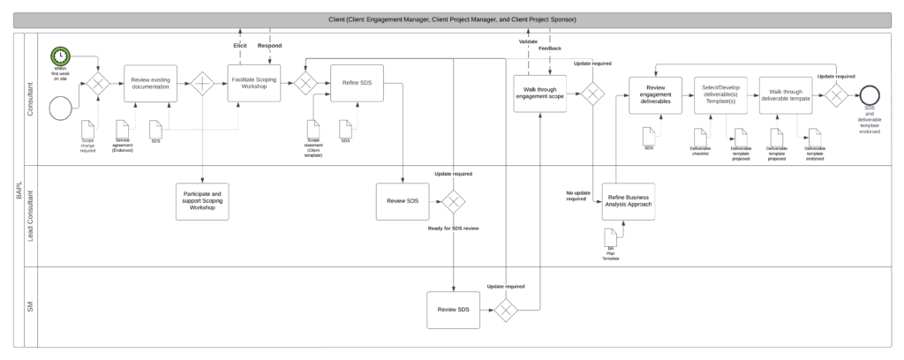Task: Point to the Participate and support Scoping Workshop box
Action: pyautogui.click(x=202, y=202)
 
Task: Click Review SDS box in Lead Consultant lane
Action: pyautogui.click(x=403, y=203)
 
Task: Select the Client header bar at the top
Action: pyautogui.click(x=452, y=19)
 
